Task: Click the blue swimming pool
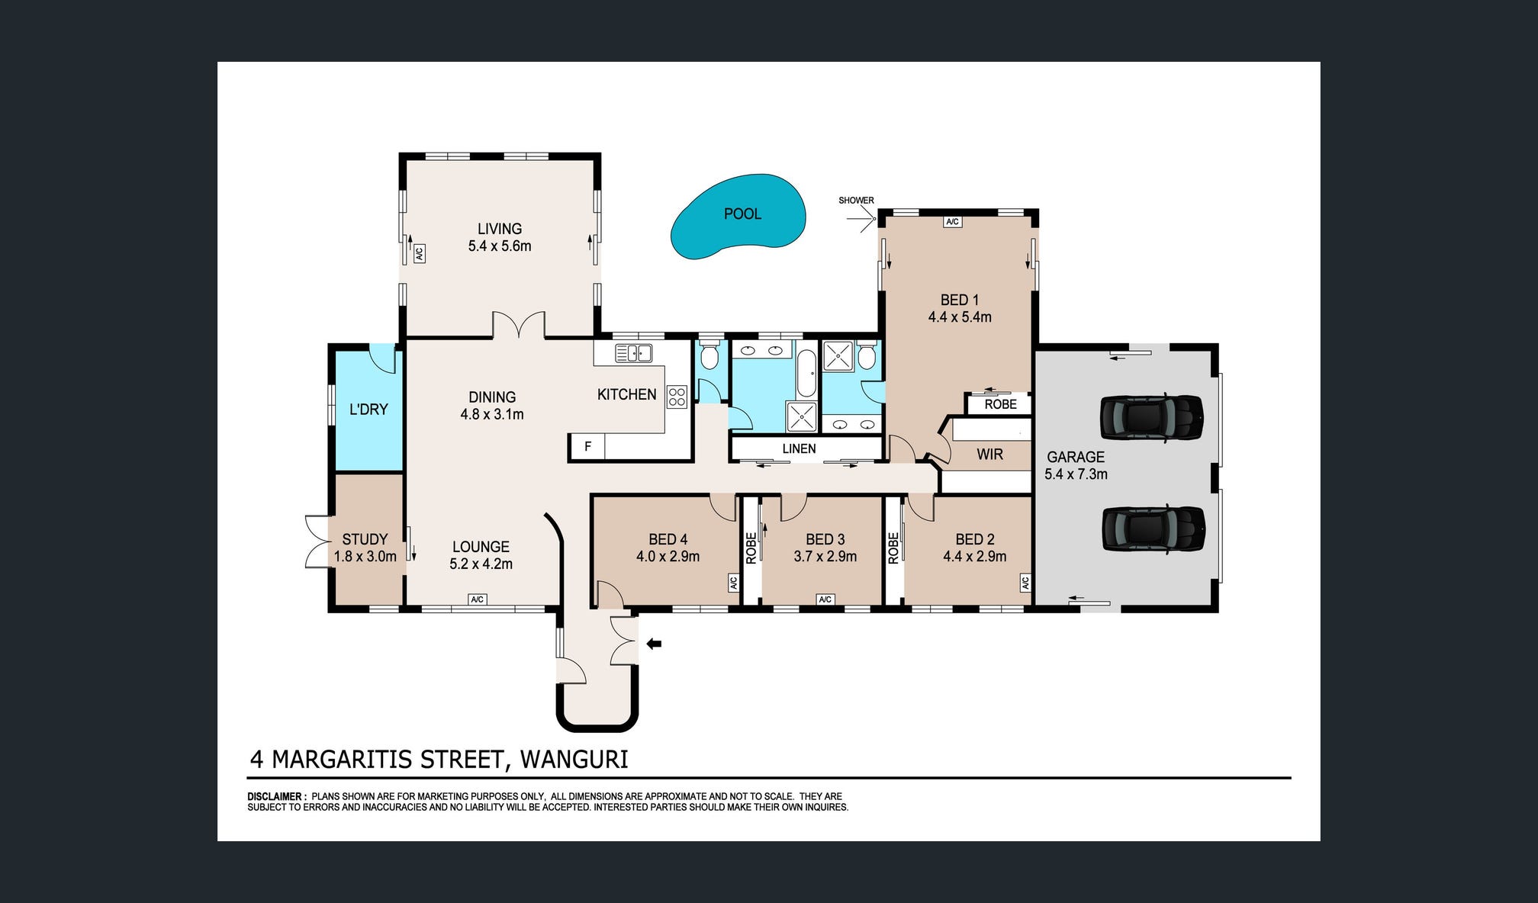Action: [x=738, y=216]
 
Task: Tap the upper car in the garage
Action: [x=1151, y=417]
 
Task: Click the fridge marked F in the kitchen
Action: [x=587, y=446]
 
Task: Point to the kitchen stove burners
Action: [x=677, y=396]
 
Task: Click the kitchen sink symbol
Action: [x=633, y=353]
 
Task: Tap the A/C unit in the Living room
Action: [x=419, y=253]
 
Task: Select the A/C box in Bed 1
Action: [x=952, y=222]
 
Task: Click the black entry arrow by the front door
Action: [x=654, y=644]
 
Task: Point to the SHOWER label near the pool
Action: [x=856, y=201]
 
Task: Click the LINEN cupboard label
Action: [x=799, y=448]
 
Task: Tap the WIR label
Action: [x=989, y=455]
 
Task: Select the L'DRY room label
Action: [x=368, y=410]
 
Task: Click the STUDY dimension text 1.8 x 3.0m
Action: [x=365, y=557]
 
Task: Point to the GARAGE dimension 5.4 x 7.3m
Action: [x=1076, y=474]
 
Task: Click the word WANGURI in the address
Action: [x=574, y=760]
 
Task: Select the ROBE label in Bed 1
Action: [x=1000, y=404]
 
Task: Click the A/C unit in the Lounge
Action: [x=478, y=599]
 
